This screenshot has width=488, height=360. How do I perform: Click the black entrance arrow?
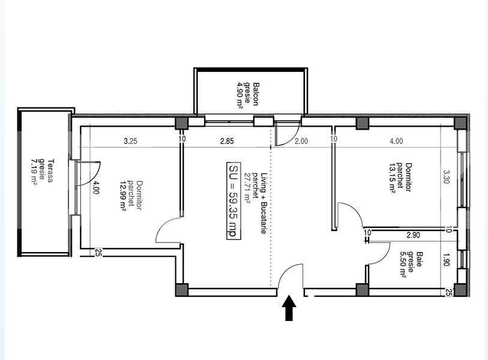click(x=289, y=308)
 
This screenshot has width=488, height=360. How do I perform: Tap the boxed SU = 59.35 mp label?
click(x=232, y=200)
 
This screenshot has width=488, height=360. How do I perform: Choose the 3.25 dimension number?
click(x=130, y=142)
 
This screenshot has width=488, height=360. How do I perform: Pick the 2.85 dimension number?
click(x=226, y=142)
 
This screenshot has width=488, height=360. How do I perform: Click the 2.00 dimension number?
click(x=301, y=142)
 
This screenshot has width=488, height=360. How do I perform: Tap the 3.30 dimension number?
click(x=446, y=177)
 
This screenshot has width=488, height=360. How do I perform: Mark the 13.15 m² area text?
click(x=393, y=178)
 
